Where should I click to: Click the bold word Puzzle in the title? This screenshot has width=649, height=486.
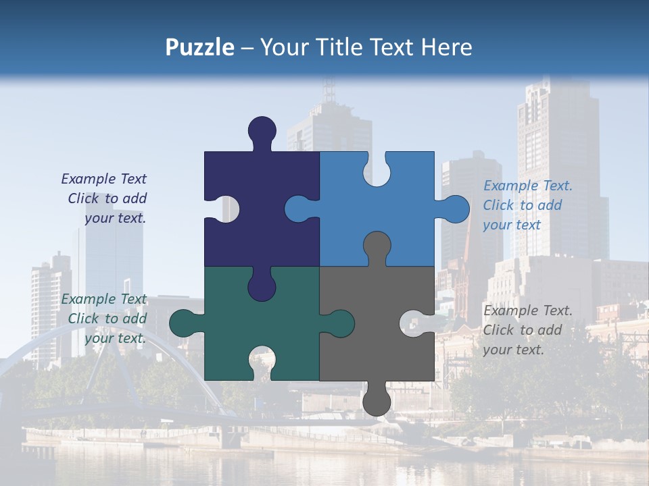[199, 47]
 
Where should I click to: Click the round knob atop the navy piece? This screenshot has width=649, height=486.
[262, 130]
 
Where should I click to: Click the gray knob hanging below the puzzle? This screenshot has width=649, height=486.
[377, 402]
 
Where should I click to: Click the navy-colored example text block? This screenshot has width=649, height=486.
[105, 198]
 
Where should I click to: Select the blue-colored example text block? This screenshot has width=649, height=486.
[527, 205]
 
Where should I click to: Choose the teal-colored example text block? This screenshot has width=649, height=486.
[105, 319]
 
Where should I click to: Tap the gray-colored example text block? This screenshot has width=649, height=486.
[527, 330]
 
